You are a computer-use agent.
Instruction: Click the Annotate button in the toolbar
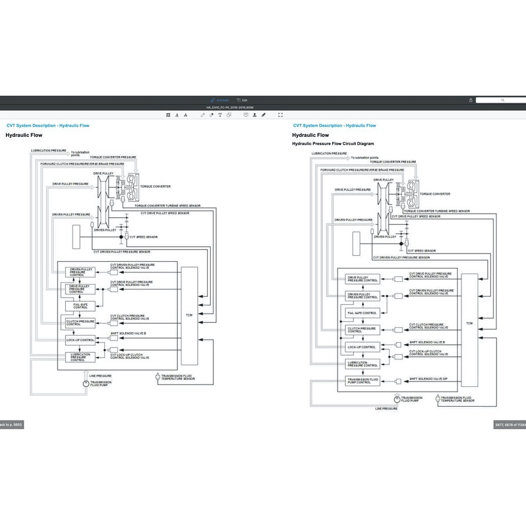click(219, 100)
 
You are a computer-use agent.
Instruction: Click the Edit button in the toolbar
click(242, 100)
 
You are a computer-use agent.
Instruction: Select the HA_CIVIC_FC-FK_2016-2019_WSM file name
click(230, 108)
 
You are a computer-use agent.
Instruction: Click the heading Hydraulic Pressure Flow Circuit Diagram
click(332, 144)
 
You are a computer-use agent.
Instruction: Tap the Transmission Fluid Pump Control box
click(363, 380)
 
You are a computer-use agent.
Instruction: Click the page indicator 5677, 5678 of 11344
click(509, 425)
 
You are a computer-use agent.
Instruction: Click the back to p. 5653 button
click(11, 424)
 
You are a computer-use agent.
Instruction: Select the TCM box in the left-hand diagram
click(189, 315)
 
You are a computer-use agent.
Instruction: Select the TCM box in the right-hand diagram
click(469, 323)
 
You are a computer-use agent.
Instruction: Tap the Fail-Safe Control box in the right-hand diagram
click(362, 313)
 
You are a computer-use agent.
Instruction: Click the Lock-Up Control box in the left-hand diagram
click(80, 340)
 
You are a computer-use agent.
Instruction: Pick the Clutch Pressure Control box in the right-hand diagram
click(363, 330)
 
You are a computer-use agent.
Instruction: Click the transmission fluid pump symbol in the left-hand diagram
click(86, 384)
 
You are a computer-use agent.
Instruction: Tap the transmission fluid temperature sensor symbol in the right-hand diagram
click(437, 399)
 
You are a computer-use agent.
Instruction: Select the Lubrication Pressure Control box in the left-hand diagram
click(80, 357)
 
